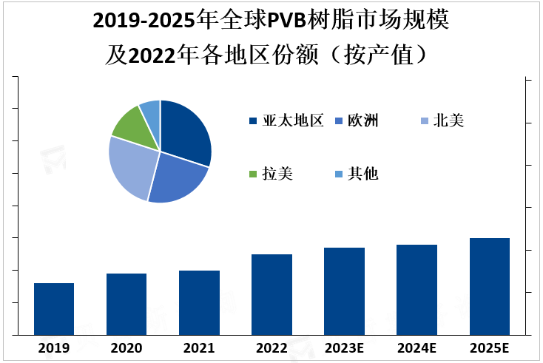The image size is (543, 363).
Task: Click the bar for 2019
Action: [x=54, y=308]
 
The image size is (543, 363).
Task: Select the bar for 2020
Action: [x=127, y=304]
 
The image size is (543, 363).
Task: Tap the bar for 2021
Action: [x=199, y=302]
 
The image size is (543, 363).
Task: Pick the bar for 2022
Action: [x=271, y=294]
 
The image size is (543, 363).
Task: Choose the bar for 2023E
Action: [x=344, y=291]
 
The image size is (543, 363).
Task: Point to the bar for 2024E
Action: [x=416, y=289]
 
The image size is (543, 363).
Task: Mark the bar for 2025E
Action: [x=490, y=286]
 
